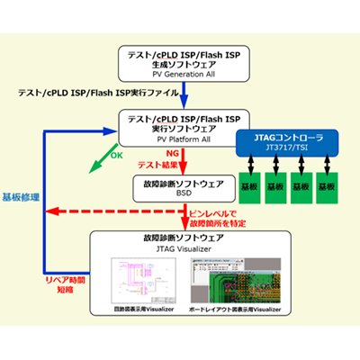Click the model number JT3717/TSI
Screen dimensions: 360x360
coord(285,148)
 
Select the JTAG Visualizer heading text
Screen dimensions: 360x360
coord(181,247)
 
